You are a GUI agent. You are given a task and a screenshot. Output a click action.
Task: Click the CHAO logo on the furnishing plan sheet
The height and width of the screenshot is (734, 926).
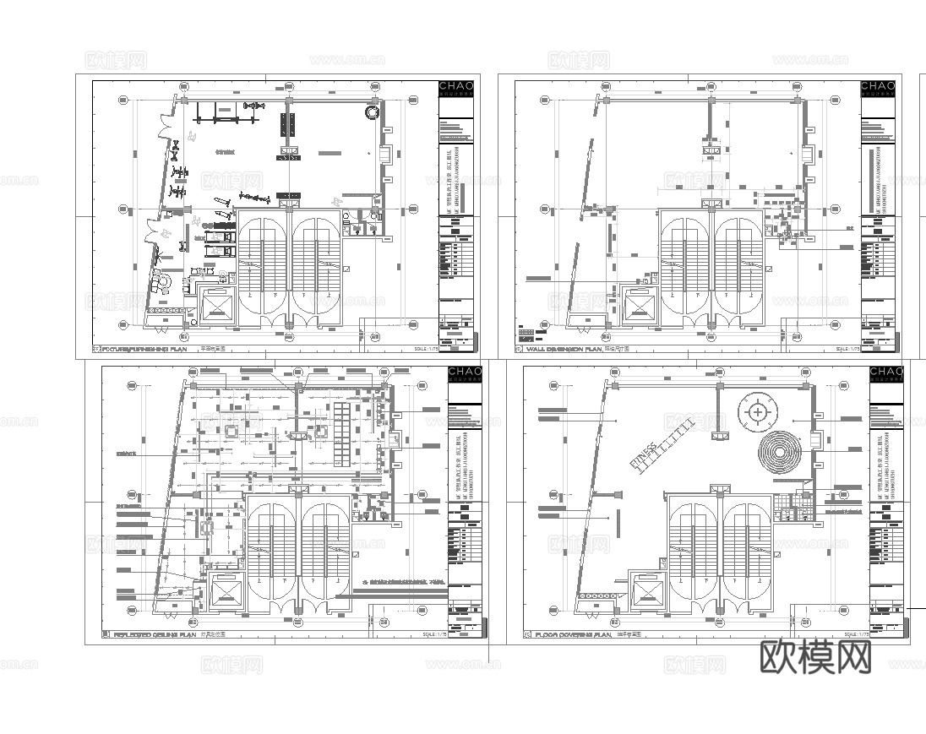(x=456, y=86)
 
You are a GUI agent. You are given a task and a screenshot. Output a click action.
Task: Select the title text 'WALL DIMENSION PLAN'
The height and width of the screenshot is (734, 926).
(x=564, y=348)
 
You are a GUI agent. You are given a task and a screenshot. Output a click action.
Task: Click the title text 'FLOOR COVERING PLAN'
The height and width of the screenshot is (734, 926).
(x=573, y=633)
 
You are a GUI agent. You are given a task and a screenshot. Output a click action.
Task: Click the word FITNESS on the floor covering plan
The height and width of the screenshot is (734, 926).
(x=644, y=454)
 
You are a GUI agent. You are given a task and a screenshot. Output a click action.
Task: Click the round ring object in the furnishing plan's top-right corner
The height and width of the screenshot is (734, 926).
(x=372, y=112)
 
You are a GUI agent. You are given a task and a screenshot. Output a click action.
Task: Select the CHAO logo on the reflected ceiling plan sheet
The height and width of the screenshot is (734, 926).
(x=465, y=372)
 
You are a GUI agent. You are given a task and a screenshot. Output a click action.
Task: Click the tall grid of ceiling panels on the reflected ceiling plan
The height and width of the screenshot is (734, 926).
(x=341, y=433)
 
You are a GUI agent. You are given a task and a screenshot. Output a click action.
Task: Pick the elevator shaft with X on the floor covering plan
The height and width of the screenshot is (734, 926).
(x=647, y=590)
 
